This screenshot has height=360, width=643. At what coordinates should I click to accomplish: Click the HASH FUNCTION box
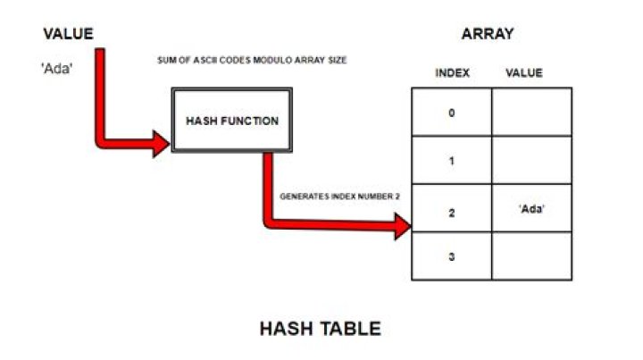(x=232, y=121)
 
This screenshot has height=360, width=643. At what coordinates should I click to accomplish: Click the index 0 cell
(x=451, y=113)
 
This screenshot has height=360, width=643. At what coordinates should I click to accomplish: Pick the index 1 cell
(x=451, y=161)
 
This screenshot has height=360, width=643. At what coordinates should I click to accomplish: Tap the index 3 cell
(x=451, y=256)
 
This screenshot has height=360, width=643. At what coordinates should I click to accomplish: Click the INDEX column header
(x=452, y=72)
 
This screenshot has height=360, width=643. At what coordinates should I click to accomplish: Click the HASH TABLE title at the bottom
(x=320, y=329)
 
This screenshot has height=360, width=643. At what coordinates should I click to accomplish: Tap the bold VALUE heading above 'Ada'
(x=68, y=35)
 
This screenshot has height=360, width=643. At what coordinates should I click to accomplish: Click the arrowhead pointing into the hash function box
(x=161, y=141)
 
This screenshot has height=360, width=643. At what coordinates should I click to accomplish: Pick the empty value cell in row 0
(x=532, y=113)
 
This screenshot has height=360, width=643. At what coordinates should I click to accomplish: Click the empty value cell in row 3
(x=532, y=256)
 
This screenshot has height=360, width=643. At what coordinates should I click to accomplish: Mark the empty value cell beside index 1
(x=532, y=161)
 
